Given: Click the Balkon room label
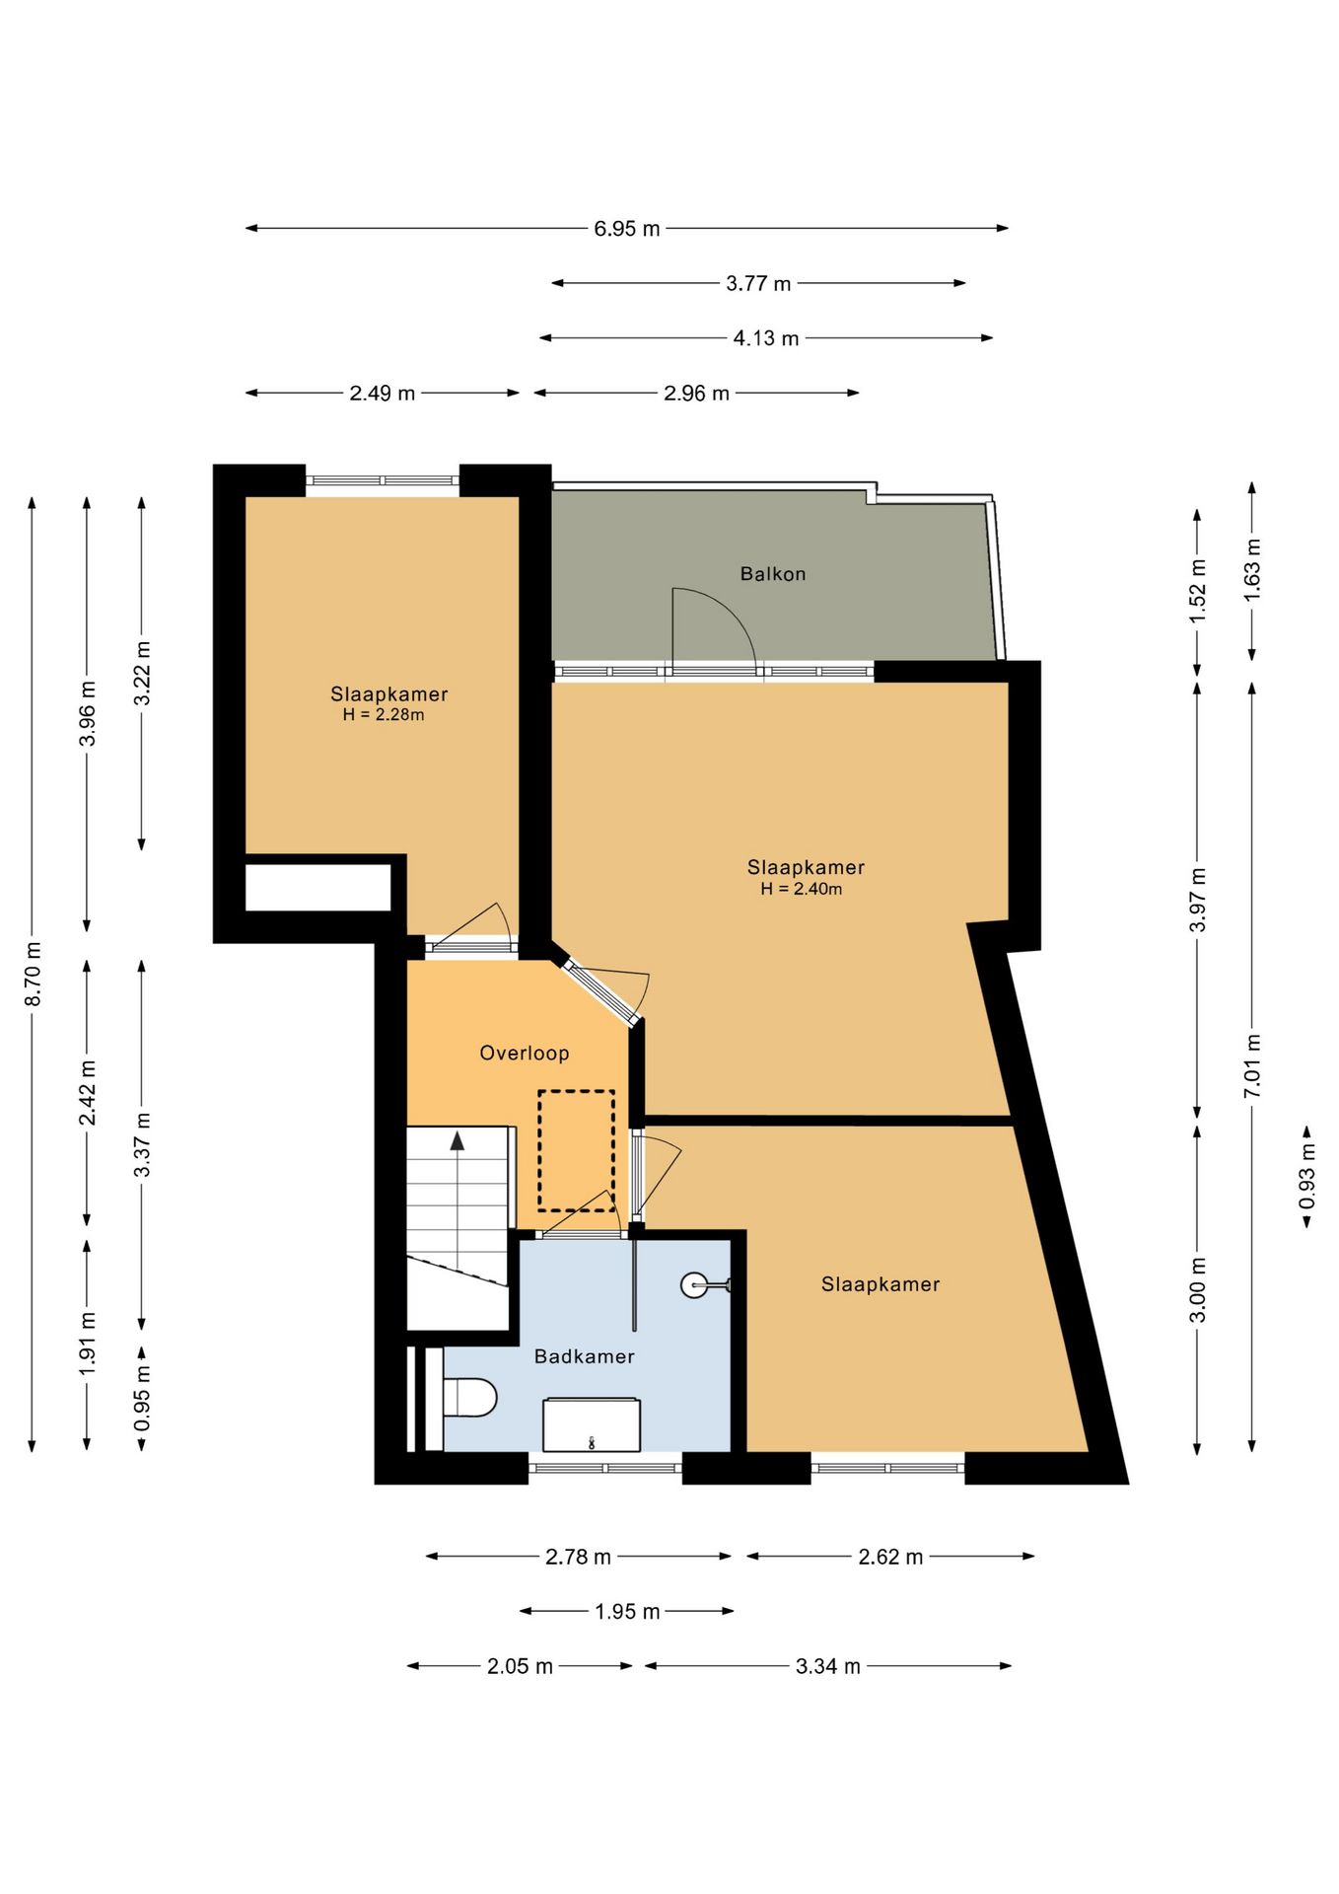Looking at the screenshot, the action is click(773, 574).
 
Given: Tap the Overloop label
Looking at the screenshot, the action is click(525, 1054).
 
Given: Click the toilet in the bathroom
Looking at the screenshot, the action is click(469, 1398).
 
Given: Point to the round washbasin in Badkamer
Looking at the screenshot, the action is click(695, 1284).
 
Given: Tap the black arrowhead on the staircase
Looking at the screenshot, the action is click(458, 1141).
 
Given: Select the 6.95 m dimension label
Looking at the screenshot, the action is click(627, 229).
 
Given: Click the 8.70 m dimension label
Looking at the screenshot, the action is click(33, 975).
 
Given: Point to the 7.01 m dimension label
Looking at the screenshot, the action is click(1252, 1066).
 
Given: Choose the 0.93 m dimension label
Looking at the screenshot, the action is click(1307, 1176).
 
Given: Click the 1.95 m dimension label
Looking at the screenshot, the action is click(627, 1612).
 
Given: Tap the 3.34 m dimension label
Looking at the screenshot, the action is click(828, 1666).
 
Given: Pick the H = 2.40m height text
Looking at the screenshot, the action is click(802, 889).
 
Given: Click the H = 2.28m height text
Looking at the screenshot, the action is click(384, 715).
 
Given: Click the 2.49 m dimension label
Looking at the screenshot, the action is click(383, 394).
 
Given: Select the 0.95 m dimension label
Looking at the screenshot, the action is click(143, 1398).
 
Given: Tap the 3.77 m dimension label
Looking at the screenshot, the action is click(758, 284).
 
